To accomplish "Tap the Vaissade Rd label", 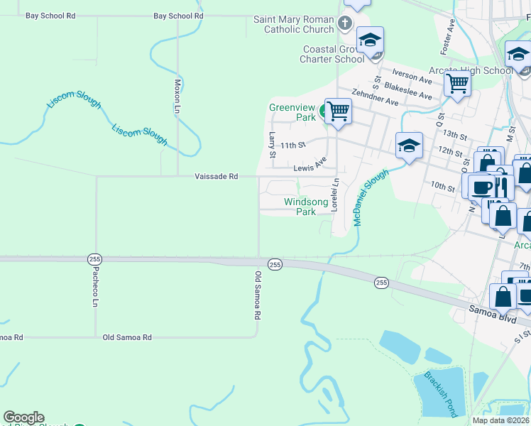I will [x=217, y=176].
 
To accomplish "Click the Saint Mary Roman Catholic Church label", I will [x=294, y=24].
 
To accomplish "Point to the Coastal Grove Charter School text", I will [x=334, y=55].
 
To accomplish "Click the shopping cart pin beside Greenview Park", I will [x=339, y=111].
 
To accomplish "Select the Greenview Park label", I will [x=292, y=112].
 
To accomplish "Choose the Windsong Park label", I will [x=306, y=207].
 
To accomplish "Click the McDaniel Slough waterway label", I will [x=371, y=197].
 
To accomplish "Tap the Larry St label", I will [x=271, y=144].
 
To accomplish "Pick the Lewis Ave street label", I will [x=310, y=168].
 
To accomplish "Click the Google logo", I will [x=23, y=417].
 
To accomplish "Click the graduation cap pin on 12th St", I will [x=409, y=146].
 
